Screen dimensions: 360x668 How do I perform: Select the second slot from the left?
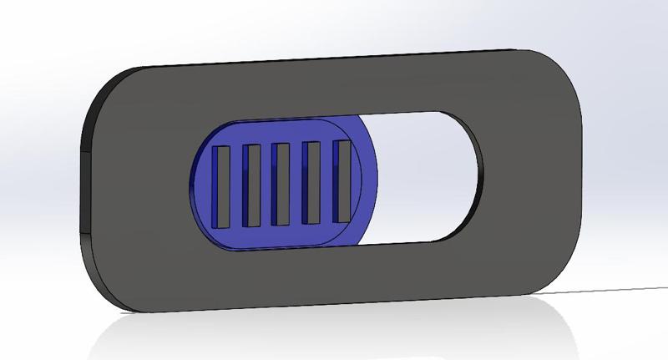pyautogui.click(x=251, y=185)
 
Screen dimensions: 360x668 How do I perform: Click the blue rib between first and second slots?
pyautogui.click(x=236, y=186)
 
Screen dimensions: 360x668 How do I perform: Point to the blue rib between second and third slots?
pyautogui.click(x=266, y=185)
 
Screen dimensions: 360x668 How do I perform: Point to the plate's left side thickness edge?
pyautogui.click(x=87, y=192)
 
